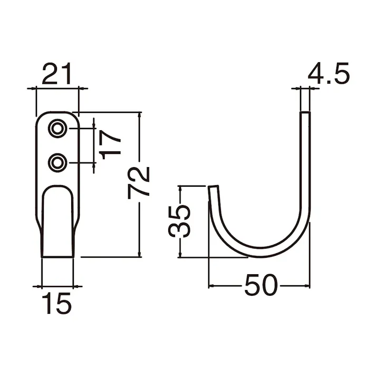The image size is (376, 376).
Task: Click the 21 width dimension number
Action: [x=57, y=74]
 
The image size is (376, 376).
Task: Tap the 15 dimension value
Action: [x=57, y=303]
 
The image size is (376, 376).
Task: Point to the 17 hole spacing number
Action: [x=110, y=145]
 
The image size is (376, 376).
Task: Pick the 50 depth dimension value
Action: [x=261, y=285]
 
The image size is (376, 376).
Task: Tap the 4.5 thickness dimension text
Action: [x=329, y=73]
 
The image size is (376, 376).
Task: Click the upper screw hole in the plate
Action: [x=57, y=129]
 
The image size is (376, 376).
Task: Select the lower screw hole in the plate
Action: [x=57, y=163]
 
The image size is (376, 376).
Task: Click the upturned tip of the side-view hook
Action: [x=213, y=187]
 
